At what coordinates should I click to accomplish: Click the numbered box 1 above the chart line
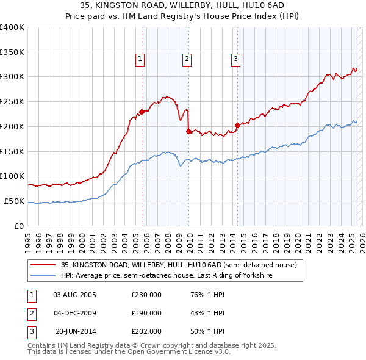click(140, 59)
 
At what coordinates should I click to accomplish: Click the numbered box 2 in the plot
click(187, 59)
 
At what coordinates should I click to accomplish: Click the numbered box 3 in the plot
click(235, 59)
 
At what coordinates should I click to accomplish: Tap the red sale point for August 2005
click(142, 112)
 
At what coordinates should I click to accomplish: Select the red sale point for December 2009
click(188, 131)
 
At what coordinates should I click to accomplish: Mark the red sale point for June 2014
click(237, 126)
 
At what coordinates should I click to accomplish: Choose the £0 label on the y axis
click(20, 226)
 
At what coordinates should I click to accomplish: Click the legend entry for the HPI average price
click(166, 276)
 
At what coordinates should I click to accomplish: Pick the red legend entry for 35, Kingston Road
click(178, 265)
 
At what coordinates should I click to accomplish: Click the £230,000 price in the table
click(146, 295)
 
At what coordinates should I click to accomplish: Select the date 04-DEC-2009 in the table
click(75, 313)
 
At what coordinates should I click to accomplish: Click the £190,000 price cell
click(146, 313)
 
